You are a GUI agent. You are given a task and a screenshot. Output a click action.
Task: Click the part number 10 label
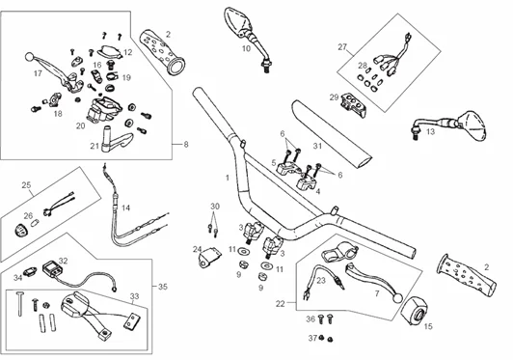246,48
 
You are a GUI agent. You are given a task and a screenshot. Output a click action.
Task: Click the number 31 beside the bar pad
317,146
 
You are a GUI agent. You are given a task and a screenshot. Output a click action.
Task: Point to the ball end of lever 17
29,57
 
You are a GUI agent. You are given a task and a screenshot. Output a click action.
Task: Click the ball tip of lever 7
398,298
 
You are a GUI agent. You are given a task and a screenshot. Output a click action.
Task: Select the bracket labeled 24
208,257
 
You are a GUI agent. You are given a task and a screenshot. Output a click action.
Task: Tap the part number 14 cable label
125,208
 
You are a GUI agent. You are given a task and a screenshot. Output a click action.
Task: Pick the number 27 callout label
342,47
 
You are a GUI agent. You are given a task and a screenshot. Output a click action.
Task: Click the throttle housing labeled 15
414,311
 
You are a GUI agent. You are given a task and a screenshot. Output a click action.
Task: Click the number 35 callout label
163,287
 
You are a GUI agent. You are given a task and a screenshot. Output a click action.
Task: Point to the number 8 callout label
186,144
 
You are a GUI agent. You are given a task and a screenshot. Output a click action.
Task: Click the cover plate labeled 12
110,51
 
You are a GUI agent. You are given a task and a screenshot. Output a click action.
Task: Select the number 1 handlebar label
228,178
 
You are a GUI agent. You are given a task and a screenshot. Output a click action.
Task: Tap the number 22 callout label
281,304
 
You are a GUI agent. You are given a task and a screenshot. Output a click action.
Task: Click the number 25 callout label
26,185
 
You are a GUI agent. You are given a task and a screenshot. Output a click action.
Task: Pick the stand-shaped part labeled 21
116,140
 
